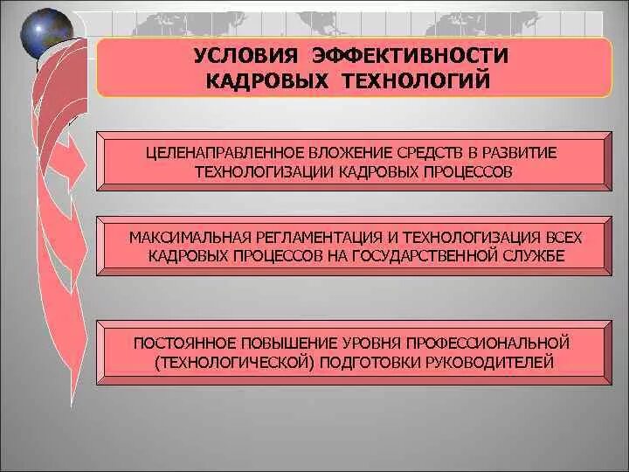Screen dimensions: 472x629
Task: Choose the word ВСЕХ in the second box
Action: point(561,238)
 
